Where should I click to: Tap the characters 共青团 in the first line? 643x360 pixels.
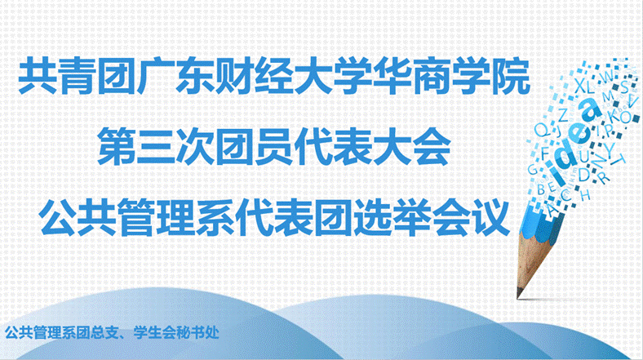[77, 77]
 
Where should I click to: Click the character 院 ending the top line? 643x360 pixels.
[512, 77]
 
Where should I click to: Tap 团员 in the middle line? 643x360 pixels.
[255, 146]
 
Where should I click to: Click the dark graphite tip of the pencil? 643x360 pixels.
[520, 293]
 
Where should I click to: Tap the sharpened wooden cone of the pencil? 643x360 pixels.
[533, 262]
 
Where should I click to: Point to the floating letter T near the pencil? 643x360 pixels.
[620, 158]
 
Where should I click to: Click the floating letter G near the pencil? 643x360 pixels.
[532, 169]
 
